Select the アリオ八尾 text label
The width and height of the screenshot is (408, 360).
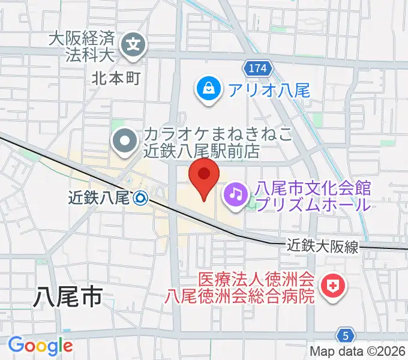(x=268, y=91)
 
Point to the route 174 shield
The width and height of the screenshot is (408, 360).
(x=256, y=67)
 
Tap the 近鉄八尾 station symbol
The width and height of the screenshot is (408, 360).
(x=141, y=197)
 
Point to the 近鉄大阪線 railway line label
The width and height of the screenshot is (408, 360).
(x=322, y=245)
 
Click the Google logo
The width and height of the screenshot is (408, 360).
(x=40, y=346)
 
